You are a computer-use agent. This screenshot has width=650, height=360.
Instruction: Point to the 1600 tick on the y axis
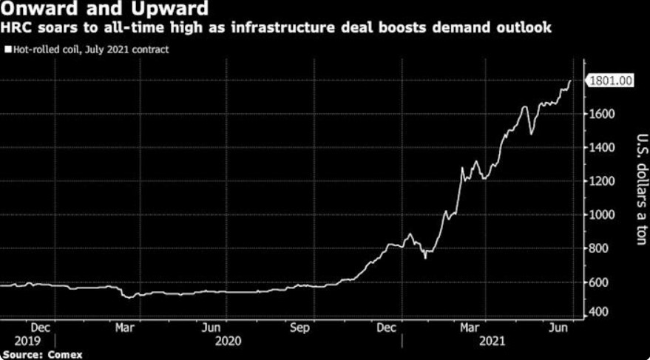(603, 114)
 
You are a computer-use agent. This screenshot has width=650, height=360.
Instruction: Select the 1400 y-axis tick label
(603, 148)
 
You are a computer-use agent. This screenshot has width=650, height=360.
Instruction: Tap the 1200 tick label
(603, 181)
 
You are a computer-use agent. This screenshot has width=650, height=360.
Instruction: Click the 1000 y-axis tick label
(603, 215)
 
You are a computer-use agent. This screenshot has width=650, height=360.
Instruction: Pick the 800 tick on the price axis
(600, 248)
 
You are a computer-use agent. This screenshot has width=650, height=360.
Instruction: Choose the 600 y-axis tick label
(600, 282)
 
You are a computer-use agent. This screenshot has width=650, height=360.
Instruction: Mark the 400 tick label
(600, 312)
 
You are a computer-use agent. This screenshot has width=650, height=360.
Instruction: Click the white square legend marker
(7, 50)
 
